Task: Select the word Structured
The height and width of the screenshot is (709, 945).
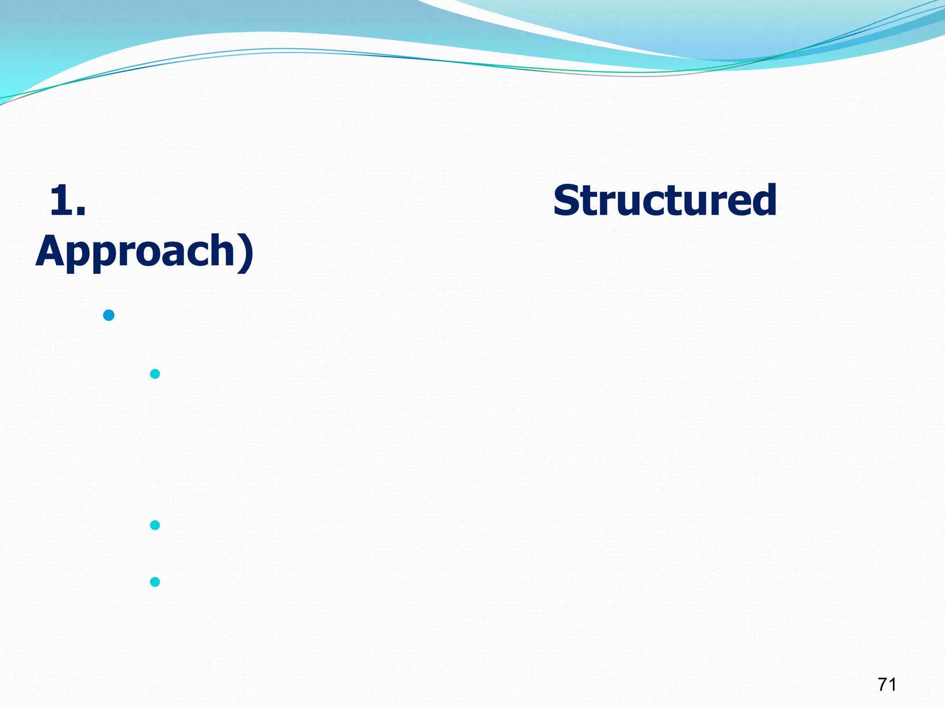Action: coord(664,200)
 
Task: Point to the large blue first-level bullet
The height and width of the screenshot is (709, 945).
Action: coord(109,315)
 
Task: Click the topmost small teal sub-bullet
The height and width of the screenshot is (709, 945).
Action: coord(155,374)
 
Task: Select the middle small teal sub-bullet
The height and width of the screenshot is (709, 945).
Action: coord(155,525)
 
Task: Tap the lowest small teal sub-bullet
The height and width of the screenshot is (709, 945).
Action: coord(155,582)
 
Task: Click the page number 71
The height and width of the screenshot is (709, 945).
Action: coord(887,684)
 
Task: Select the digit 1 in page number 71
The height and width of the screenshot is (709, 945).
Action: coord(892,684)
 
